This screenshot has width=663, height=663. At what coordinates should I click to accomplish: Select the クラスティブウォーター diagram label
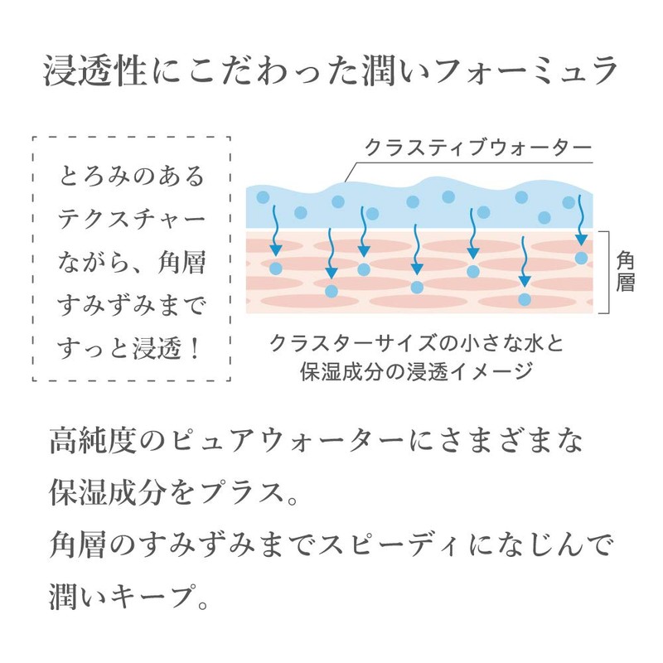point(477,148)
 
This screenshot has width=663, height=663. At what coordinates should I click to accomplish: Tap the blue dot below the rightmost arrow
point(582,258)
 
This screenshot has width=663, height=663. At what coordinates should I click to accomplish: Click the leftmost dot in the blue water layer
point(263,197)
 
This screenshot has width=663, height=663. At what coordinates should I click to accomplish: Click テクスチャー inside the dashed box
point(131,220)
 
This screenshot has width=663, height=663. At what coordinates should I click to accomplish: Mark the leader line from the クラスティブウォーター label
point(350,169)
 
